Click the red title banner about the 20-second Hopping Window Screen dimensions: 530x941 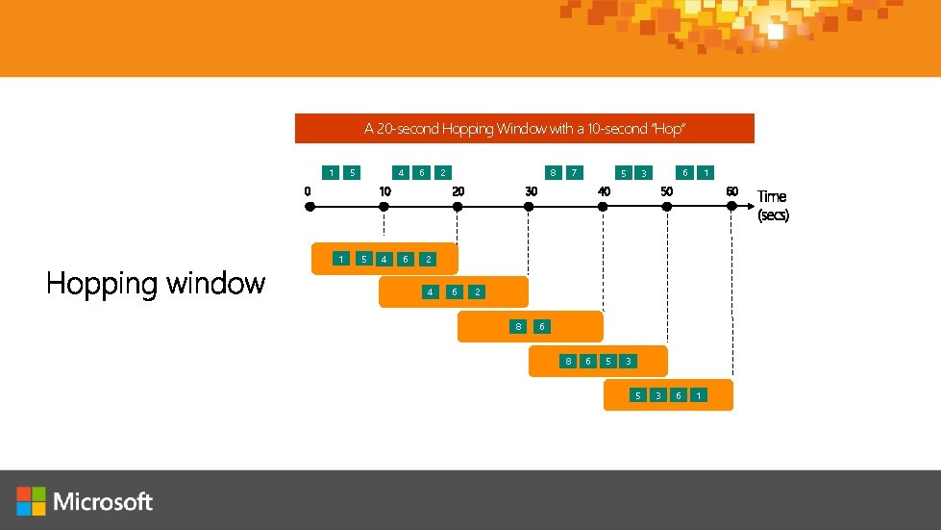point(524,128)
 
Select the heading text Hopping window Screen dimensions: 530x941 point(156,284)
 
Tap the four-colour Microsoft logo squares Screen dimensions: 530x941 point(31,501)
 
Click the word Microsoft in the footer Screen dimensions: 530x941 point(104,501)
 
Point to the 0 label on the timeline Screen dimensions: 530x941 point(307,190)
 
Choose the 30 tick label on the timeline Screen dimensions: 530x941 point(531,190)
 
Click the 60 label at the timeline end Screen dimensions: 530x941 point(731,190)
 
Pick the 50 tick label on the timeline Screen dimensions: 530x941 point(665,190)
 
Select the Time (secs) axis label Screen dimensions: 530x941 point(773,205)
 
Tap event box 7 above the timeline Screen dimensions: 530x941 point(574,173)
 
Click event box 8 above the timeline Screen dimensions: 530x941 point(552,173)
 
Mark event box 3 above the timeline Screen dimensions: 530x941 point(644,173)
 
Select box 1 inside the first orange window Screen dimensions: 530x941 point(341,259)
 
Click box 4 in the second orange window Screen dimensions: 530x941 point(430,291)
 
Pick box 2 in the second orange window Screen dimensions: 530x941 point(476,291)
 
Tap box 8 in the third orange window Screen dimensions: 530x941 point(518,327)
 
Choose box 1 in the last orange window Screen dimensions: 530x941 point(699,395)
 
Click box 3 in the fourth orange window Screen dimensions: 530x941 point(627,362)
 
